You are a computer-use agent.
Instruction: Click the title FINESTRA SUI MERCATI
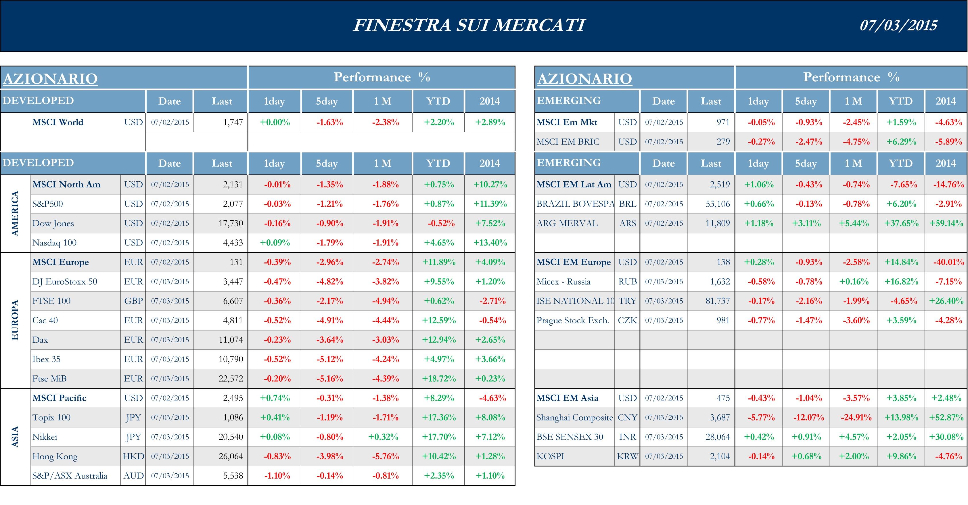click(469, 25)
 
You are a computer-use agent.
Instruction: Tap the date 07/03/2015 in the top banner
click(898, 25)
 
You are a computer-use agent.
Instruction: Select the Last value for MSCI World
click(233, 122)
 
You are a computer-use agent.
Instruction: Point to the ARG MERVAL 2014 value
click(946, 224)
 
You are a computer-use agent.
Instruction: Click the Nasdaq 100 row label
click(55, 243)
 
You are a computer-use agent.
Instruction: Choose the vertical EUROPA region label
click(15, 320)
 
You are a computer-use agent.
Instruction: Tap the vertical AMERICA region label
click(15, 214)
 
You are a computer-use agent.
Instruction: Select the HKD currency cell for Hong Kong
click(133, 456)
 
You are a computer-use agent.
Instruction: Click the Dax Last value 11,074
click(231, 340)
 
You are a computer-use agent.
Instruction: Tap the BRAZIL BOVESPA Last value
click(717, 204)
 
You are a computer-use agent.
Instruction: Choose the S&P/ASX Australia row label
click(70, 476)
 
